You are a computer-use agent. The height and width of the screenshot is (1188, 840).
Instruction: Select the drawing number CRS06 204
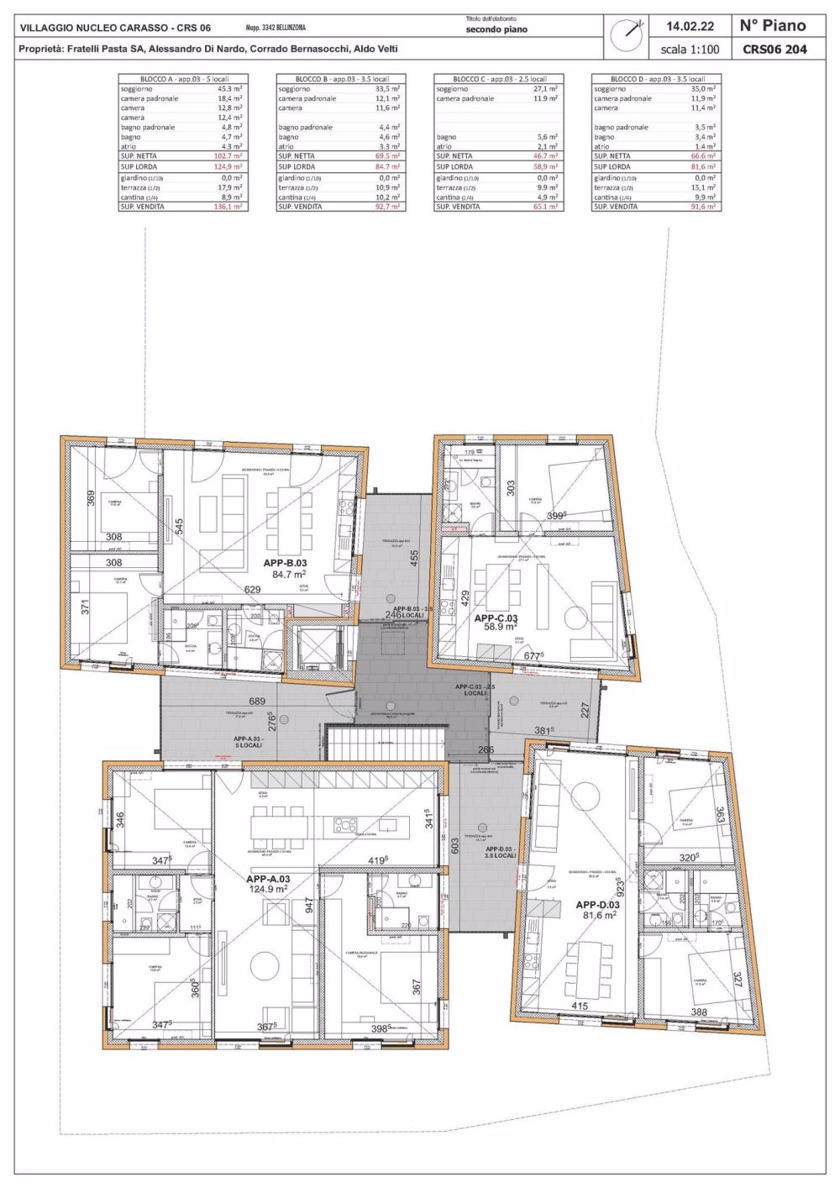(774, 49)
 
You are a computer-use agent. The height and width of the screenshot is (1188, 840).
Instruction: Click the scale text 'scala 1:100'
(690, 50)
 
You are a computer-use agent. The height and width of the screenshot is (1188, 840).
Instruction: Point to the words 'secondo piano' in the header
(496, 29)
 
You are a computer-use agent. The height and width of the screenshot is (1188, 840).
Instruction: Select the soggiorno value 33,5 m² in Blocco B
(386, 89)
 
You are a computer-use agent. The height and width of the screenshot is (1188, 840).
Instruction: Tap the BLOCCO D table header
(656, 79)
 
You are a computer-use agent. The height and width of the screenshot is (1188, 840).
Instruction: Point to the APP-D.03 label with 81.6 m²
(597, 910)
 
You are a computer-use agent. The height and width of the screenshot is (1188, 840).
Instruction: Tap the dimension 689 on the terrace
(257, 702)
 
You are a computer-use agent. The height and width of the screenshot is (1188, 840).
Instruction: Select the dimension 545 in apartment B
(179, 528)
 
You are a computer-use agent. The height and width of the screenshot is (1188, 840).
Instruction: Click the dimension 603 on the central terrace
(455, 845)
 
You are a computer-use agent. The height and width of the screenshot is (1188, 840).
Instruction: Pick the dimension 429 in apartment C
(465, 598)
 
